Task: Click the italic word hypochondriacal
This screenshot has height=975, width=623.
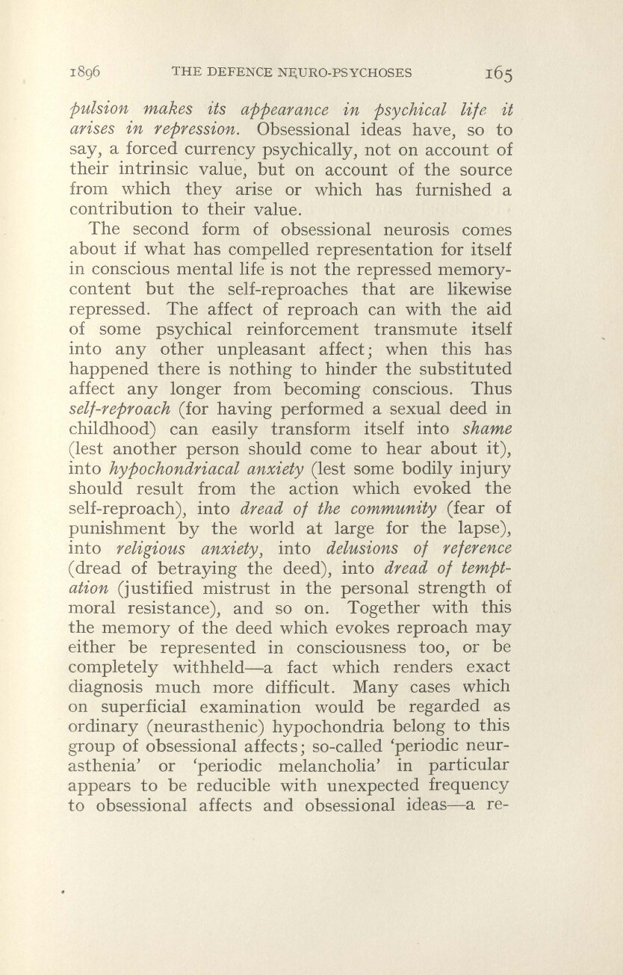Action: tap(163, 468)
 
